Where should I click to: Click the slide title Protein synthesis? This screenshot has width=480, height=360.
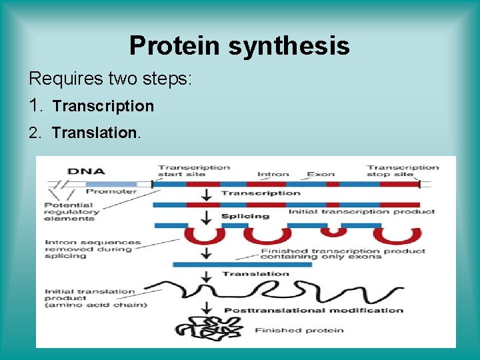[x=239, y=45]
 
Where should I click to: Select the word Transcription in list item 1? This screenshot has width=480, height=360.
[x=103, y=106]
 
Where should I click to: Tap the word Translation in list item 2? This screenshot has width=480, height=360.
[x=95, y=133]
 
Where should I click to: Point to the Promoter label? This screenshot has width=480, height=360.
[x=111, y=191]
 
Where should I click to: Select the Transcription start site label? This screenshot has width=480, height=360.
[x=193, y=171]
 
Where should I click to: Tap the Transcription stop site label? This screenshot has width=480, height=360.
[x=403, y=171]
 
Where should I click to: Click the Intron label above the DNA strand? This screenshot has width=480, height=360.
[x=273, y=175]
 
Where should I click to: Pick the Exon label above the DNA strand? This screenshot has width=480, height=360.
[x=320, y=175]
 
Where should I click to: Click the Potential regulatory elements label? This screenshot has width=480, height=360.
[x=71, y=211]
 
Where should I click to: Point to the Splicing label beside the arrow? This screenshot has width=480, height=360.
[x=245, y=216]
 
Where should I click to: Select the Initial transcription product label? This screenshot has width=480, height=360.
[x=361, y=212]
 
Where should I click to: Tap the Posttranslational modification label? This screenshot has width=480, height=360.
[x=313, y=310]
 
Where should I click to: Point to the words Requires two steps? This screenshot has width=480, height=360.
[x=110, y=79]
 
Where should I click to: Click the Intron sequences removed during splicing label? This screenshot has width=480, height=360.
[x=93, y=249]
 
